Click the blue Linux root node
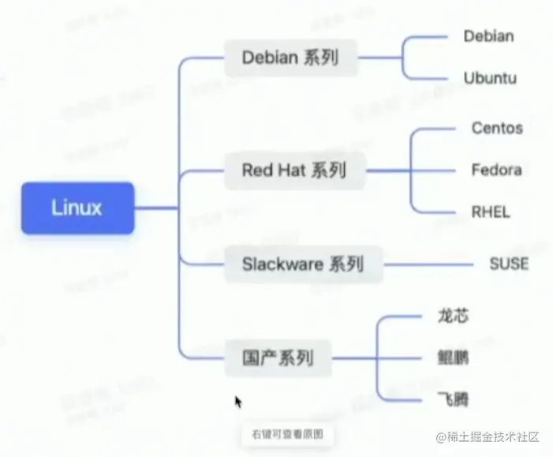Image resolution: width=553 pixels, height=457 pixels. click(x=77, y=208)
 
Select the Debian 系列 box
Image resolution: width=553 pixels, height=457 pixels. click(x=290, y=58)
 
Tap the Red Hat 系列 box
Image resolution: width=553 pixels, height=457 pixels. click(x=293, y=170)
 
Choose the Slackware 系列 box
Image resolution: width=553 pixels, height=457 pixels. click(x=302, y=263)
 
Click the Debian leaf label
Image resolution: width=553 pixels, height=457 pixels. click(x=488, y=36)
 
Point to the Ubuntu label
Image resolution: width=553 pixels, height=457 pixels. click(x=490, y=78)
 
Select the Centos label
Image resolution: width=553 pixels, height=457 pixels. click(x=497, y=128)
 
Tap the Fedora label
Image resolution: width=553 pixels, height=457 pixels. click(x=496, y=170)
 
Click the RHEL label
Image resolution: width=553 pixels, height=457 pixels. click(x=491, y=212)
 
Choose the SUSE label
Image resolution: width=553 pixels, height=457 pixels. click(x=509, y=263)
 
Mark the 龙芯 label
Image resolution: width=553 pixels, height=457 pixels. click(x=453, y=316)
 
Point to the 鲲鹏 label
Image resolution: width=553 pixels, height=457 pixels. click(x=453, y=358)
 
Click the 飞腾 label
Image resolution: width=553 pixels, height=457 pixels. click(x=453, y=399)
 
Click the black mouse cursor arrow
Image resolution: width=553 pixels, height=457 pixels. click(x=238, y=402)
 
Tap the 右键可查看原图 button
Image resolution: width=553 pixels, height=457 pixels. click(x=287, y=434)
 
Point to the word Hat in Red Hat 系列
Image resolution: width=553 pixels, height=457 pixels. click(x=292, y=170)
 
